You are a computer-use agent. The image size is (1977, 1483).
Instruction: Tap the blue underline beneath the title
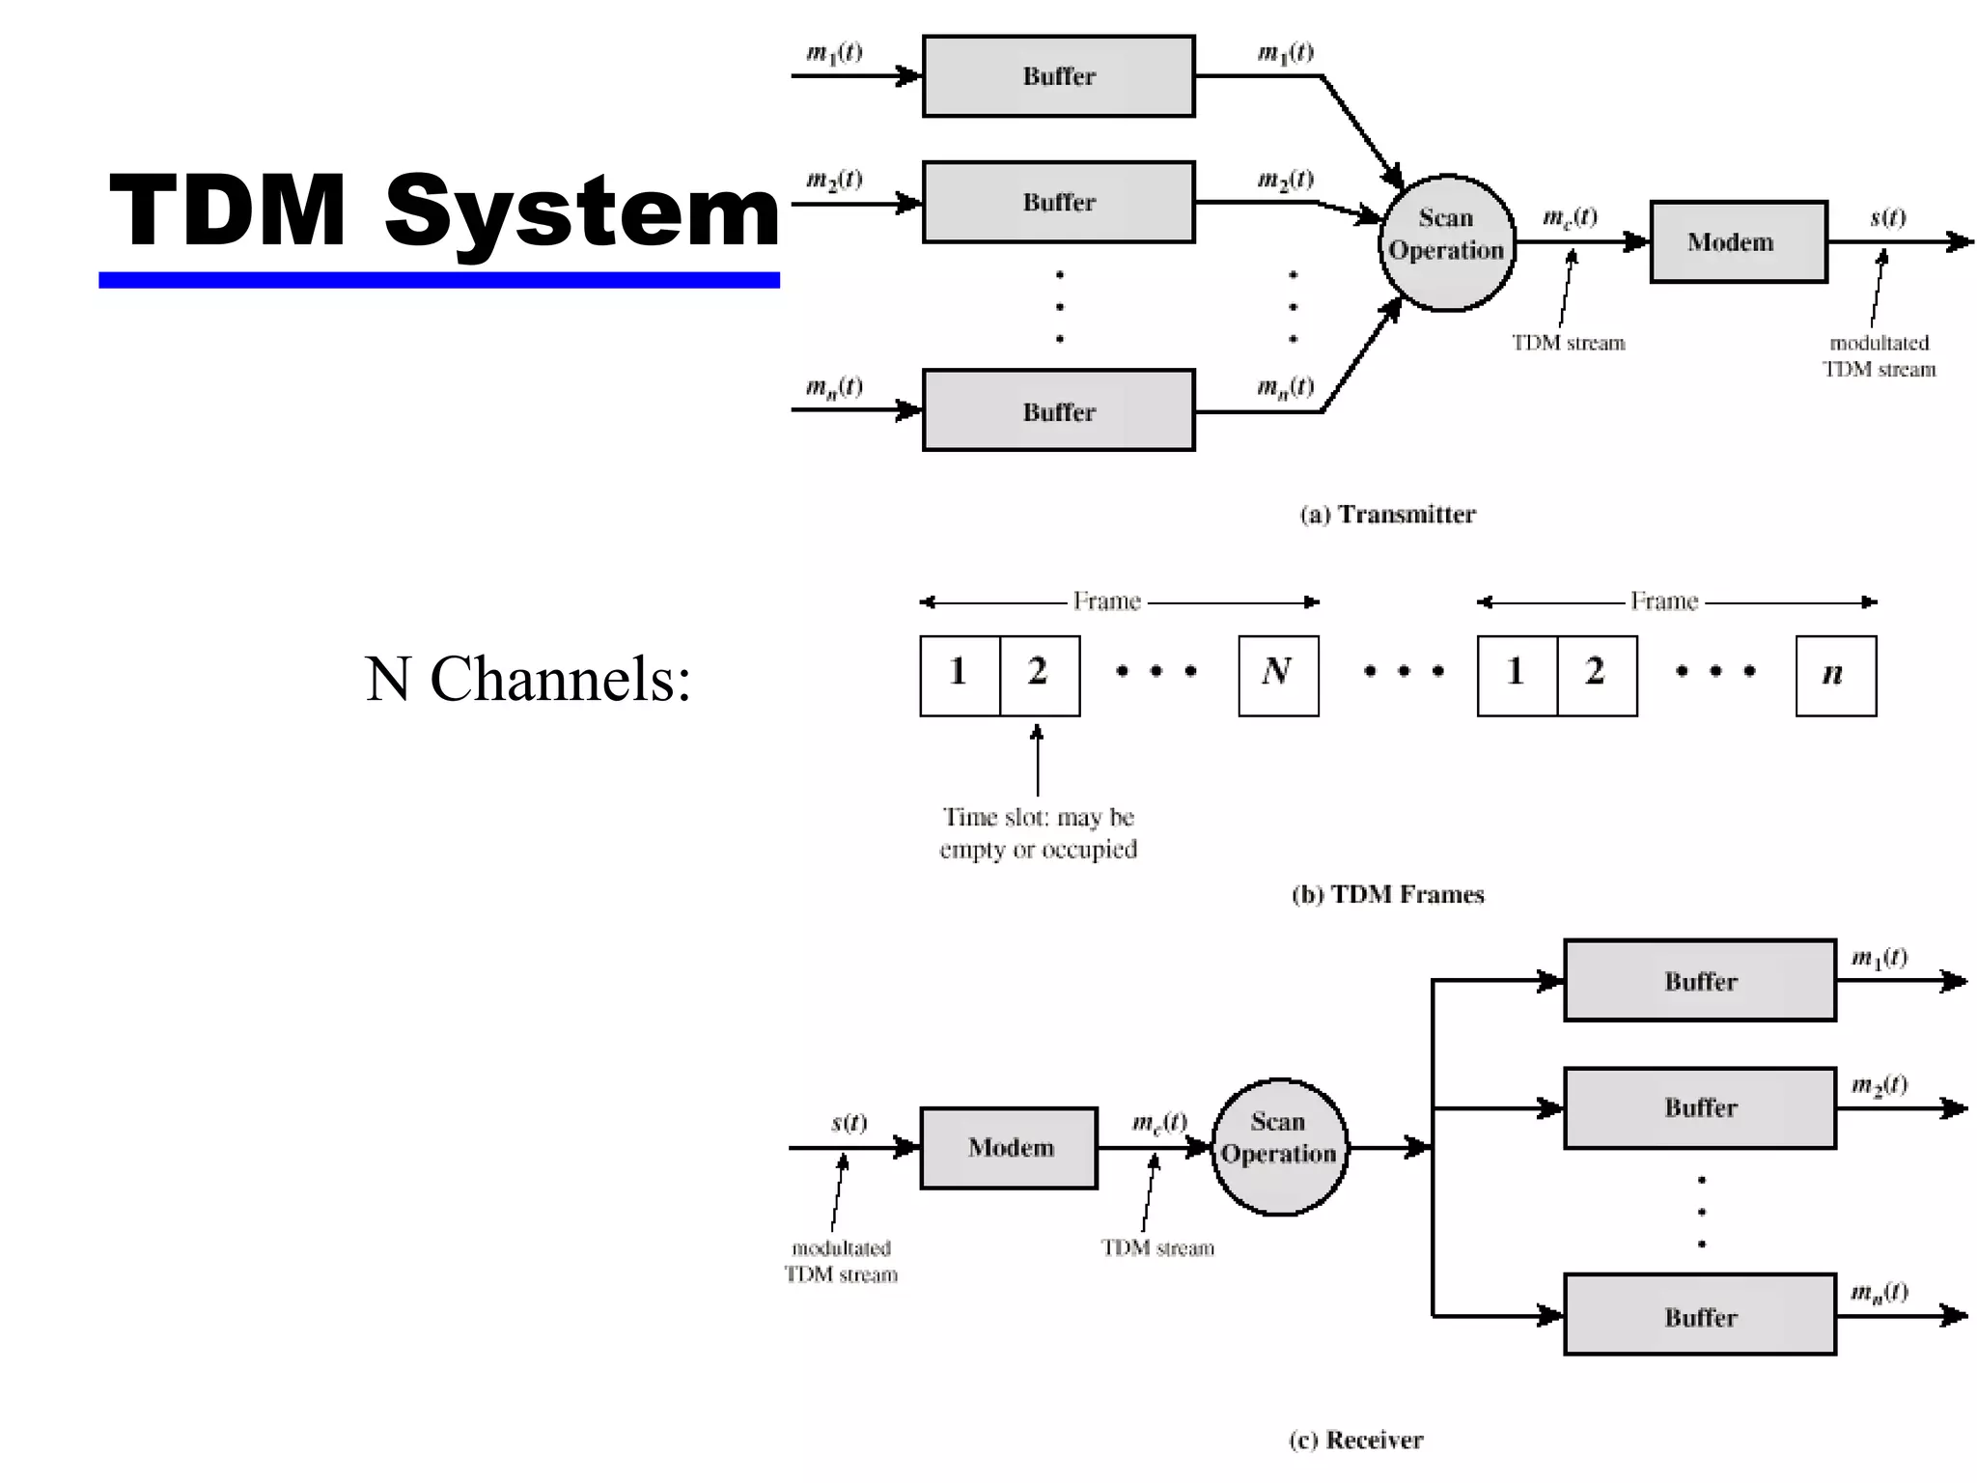tap(438, 280)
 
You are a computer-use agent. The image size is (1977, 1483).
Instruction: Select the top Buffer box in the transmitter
tap(1058, 76)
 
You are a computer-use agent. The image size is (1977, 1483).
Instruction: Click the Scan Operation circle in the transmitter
tap(1446, 242)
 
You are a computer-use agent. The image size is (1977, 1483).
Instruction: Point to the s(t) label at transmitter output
tap(1887, 217)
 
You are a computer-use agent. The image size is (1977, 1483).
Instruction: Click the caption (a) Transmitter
tap(1387, 514)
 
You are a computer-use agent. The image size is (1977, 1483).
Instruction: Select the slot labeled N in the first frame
tap(1277, 675)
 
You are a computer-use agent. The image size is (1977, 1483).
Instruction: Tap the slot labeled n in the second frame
tap(1835, 675)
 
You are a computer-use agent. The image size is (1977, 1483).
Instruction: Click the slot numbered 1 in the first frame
tap(959, 675)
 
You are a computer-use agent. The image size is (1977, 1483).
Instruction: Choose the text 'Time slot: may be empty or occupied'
tap(1038, 833)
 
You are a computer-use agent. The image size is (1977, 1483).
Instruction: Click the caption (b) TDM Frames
tap(1387, 894)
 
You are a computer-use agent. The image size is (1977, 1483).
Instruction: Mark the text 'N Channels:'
tap(528, 679)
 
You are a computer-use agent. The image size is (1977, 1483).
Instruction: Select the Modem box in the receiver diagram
tap(1009, 1148)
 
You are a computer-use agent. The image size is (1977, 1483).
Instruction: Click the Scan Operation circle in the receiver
tap(1278, 1146)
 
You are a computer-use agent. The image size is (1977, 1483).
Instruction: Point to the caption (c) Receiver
tap(1355, 1440)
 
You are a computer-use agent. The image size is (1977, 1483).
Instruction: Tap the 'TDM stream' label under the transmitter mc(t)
tap(1568, 343)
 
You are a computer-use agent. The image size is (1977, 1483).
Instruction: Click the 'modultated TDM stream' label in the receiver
tap(841, 1261)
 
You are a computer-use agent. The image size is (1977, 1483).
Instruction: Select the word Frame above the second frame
tap(1663, 602)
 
